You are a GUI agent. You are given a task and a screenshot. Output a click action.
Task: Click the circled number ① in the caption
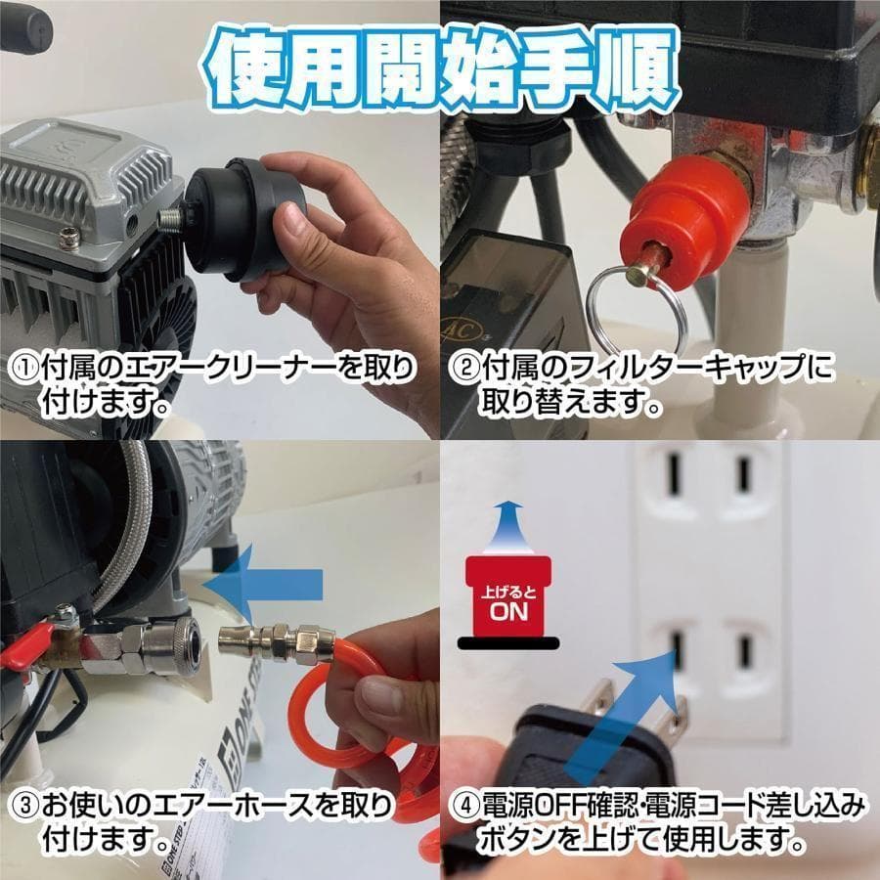[22, 369]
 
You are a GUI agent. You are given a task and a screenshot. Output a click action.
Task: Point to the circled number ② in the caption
[463, 369]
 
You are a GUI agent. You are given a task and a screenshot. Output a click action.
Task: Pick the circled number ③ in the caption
[22, 808]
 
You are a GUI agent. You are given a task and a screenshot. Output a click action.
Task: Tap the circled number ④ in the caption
[463, 808]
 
